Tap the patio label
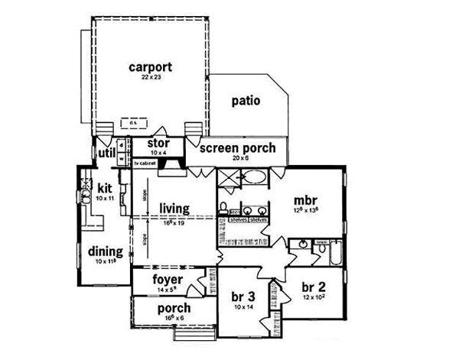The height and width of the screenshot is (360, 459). pos(246,100)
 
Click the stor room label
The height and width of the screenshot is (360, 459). pos(158,142)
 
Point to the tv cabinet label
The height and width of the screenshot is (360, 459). pos(145,164)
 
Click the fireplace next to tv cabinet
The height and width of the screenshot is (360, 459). pos(176,163)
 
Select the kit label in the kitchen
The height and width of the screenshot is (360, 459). pos(104,189)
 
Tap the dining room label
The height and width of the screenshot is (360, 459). pos(102,251)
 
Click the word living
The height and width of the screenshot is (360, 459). pos(174,208)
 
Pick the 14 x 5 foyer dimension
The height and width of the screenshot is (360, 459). pos(166,289)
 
